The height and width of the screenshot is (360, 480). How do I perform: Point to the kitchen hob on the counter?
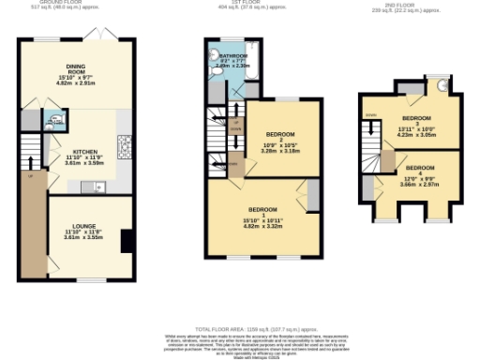124,145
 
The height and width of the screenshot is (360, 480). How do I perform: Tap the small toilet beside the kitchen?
56,120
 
